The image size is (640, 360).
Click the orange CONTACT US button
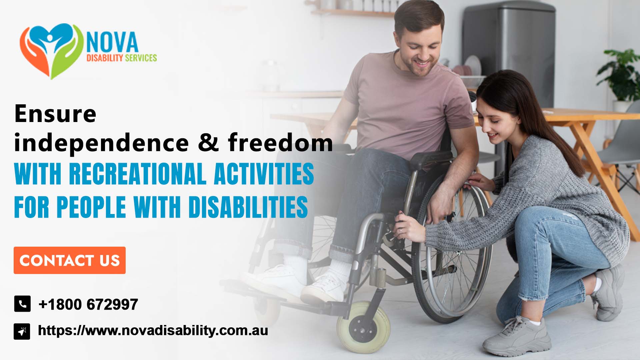pyautogui.click(x=69, y=260)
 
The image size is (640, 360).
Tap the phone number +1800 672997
pyautogui.click(x=88, y=304)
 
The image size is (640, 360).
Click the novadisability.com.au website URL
pyautogui.click(x=153, y=331)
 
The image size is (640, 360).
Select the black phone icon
pyautogui.click(x=22, y=304)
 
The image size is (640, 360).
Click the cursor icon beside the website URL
pyautogui.click(x=22, y=331)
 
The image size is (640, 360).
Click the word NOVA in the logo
pyautogui.click(x=112, y=42)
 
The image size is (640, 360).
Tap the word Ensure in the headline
pyautogui.click(x=55, y=114)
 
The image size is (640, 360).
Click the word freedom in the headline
pyautogui.click(x=280, y=143)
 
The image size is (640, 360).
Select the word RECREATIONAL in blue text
pyautogui.click(x=137, y=174)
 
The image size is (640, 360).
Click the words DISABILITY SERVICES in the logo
pyautogui.click(x=122, y=58)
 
